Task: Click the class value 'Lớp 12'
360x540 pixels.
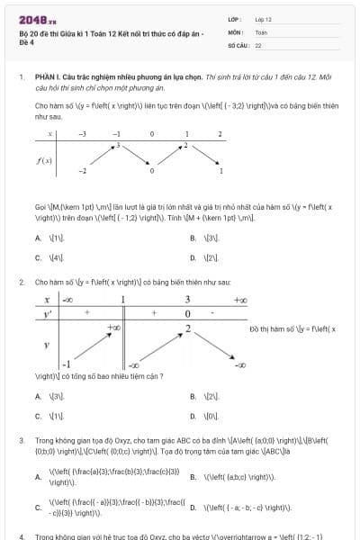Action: click(x=263, y=19)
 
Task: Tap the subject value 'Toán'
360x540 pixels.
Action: click(x=261, y=31)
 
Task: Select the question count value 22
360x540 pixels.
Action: click(x=258, y=44)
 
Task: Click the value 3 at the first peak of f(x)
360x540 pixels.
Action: click(x=116, y=148)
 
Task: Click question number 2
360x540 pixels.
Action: click(x=21, y=282)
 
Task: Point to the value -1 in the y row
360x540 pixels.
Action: click(x=66, y=364)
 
